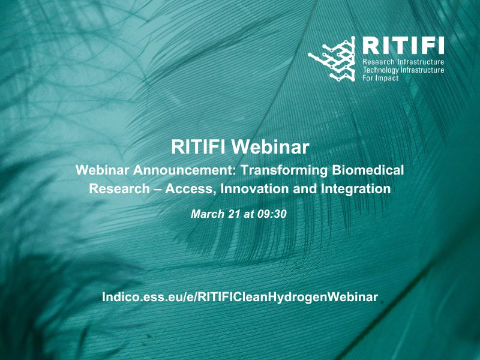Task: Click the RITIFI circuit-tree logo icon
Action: pyautogui.click(x=332, y=59)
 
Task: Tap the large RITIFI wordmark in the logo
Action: pyautogui.click(x=403, y=46)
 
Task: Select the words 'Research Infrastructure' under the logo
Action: pyautogui.click(x=403, y=62)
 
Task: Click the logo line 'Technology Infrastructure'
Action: pyautogui.click(x=403, y=70)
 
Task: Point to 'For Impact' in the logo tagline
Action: pyautogui.click(x=380, y=78)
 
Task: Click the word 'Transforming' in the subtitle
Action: pyautogui.click(x=284, y=170)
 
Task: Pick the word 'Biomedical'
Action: pyautogui.click(x=368, y=170)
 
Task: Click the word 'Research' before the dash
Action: pyautogui.click(x=119, y=188)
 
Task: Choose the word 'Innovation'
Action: pyautogui.click(x=254, y=188)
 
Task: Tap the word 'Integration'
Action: pyautogui.click(x=356, y=189)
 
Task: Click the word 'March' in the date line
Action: pyautogui.click(x=208, y=214)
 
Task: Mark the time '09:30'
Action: pyautogui.click(x=272, y=214)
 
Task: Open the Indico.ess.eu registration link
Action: pyautogui.click(x=240, y=297)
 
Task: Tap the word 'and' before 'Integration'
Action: pyautogui.click(x=305, y=188)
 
